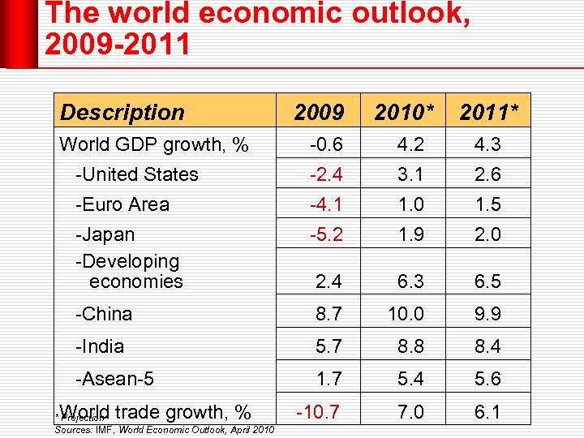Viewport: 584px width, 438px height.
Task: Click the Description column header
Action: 122,112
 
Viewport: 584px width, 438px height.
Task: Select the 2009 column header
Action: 318,112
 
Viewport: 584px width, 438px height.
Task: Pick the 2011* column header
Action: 489,112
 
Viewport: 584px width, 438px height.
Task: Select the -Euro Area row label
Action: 122,204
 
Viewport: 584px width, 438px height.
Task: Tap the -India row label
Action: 100,346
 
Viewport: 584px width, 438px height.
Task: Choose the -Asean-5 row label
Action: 114,379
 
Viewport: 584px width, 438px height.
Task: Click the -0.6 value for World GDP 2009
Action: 326,144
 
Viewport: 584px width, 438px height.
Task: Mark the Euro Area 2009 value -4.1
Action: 326,204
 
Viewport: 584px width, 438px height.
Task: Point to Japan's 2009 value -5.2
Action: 326,234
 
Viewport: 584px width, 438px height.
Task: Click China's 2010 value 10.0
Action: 406,314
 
